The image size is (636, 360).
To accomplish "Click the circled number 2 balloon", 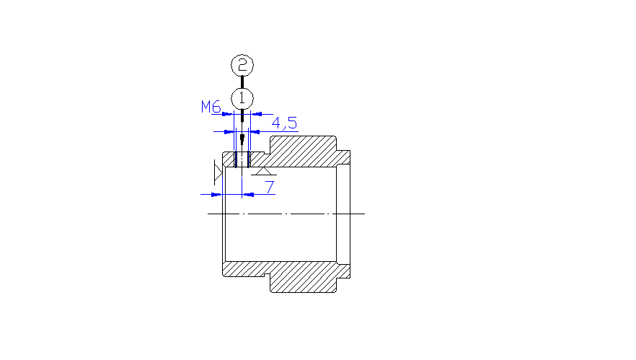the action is (x=242, y=65).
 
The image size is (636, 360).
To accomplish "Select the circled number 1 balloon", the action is (x=242, y=98).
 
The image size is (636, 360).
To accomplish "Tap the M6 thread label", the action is (x=211, y=107).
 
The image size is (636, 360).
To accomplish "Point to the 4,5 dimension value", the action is (x=284, y=123).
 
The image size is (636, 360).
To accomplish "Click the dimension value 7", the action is (x=270, y=187).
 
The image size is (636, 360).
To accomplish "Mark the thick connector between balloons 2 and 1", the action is (x=242, y=82).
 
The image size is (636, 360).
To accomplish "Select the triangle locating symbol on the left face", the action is (x=218, y=172).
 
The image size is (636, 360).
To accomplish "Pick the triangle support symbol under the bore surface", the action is (x=264, y=171).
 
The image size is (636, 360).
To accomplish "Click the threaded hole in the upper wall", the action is (x=242, y=159).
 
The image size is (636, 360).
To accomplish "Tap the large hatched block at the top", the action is (x=303, y=151).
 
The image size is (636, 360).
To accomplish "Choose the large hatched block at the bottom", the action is (x=303, y=277).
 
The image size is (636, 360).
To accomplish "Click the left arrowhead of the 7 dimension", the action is (x=216, y=195).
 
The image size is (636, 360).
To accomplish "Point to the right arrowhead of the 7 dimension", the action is (x=248, y=195).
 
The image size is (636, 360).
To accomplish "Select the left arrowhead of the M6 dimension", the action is (x=228, y=114).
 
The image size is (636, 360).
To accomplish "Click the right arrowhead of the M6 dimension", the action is (x=257, y=114).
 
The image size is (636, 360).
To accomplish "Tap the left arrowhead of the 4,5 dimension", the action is (x=230, y=132).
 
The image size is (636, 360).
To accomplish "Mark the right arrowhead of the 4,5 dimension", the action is (x=254, y=132).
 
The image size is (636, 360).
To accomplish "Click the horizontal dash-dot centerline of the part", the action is (x=286, y=214).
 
